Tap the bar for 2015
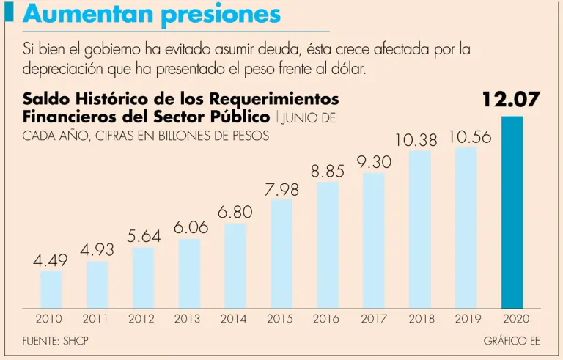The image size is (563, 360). click(281, 253)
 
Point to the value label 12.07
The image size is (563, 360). click(512, 100)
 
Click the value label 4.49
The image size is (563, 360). click(51, 260)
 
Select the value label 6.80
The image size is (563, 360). click(235, 213)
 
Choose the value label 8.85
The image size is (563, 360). click(328, 172)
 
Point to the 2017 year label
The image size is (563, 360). click(374, 319)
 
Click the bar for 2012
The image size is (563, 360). click(143, 277)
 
